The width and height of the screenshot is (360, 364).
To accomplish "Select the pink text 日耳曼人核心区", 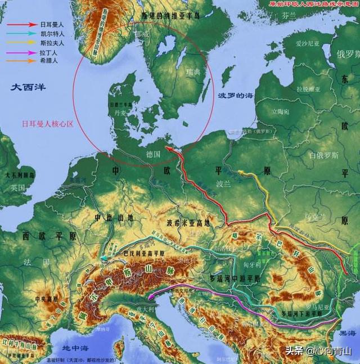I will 48,123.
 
